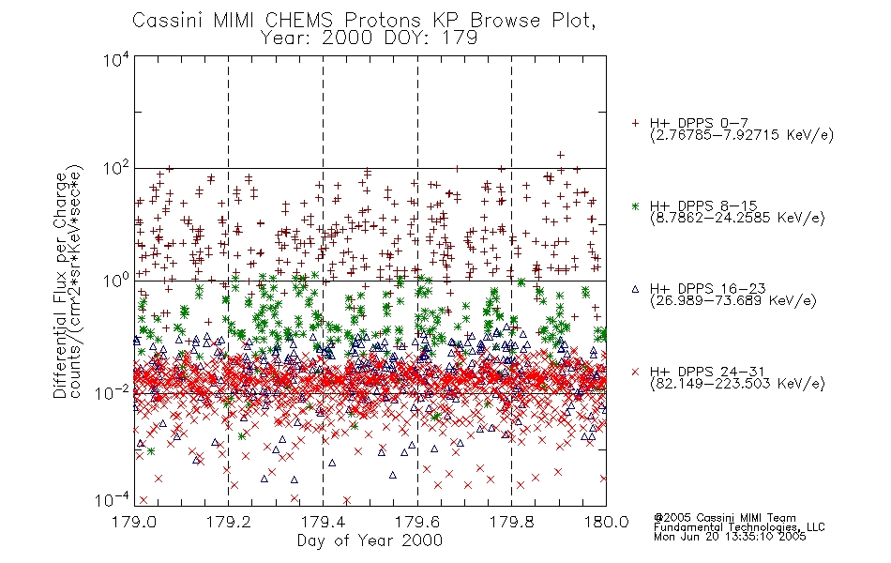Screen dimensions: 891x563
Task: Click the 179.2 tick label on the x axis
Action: (229, 522)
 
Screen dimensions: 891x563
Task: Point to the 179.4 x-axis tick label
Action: (323, 522)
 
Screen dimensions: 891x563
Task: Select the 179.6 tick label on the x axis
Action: (417, 522)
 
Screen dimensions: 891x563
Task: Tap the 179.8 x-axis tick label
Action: (511, 522)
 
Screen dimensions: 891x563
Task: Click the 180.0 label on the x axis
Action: (606, 522)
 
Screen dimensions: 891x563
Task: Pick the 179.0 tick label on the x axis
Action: (134, 522)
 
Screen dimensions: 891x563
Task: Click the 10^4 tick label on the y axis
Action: (116, 60)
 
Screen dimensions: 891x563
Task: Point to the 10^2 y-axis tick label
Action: (116, 170)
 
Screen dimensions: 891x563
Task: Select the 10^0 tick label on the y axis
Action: (116, 281)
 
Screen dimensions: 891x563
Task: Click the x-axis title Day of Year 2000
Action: (370, 540)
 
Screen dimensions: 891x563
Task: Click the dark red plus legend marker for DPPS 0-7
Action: (635, 123)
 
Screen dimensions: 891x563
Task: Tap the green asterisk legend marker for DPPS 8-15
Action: (635, 205)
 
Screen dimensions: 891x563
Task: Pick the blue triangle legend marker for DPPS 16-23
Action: (635, 289)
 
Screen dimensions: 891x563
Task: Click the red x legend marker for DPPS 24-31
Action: (635, 372)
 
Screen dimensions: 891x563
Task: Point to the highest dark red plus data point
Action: (560, 155)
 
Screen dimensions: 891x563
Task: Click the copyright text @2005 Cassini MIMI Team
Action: (724, 518)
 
